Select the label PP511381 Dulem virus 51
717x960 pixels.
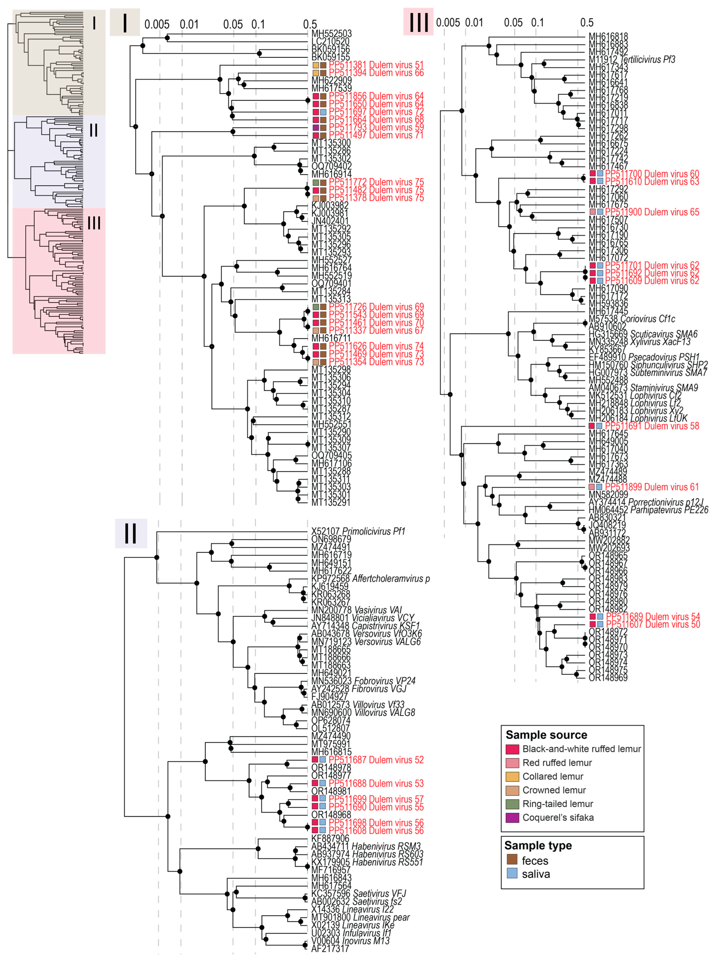[x=376, y=65]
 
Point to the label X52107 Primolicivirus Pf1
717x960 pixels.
[x=358, y=532]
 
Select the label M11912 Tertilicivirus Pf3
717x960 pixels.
[x=631, y=59]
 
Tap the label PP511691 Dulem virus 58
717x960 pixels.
[x=652, y=426]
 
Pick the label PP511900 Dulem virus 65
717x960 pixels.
[x=652, y=212]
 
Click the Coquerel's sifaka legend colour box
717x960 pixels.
[x=512, y=818]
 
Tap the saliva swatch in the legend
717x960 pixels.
[x=512, y=874]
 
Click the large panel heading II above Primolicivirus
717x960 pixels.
[x=131, y=533]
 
